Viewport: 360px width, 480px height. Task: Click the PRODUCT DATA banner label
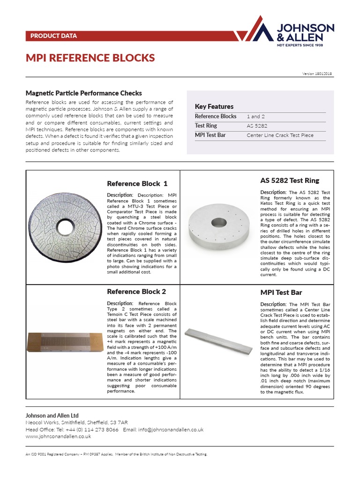click(x=53, y=36)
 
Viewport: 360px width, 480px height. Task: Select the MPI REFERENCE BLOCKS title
click(x=90, y=58)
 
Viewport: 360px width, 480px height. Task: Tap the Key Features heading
click(x=214, y=106)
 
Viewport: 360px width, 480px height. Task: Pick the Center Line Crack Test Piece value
click(x=280, y=135)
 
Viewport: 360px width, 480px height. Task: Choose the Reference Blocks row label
click(x=216, y=116)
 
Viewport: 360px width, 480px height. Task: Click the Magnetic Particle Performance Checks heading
click(x=83, y=93)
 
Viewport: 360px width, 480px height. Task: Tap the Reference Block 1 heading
click(x=137, y=183)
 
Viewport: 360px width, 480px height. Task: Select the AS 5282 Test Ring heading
click(x=290, y=180)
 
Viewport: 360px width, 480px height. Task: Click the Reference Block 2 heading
click(x=136, y=292)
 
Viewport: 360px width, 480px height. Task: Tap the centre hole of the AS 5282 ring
click(x=218, y=222)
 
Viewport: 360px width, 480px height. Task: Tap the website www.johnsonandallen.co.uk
click(x=58, y=436)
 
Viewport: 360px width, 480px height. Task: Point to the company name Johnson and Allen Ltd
click(x=52, y=415)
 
